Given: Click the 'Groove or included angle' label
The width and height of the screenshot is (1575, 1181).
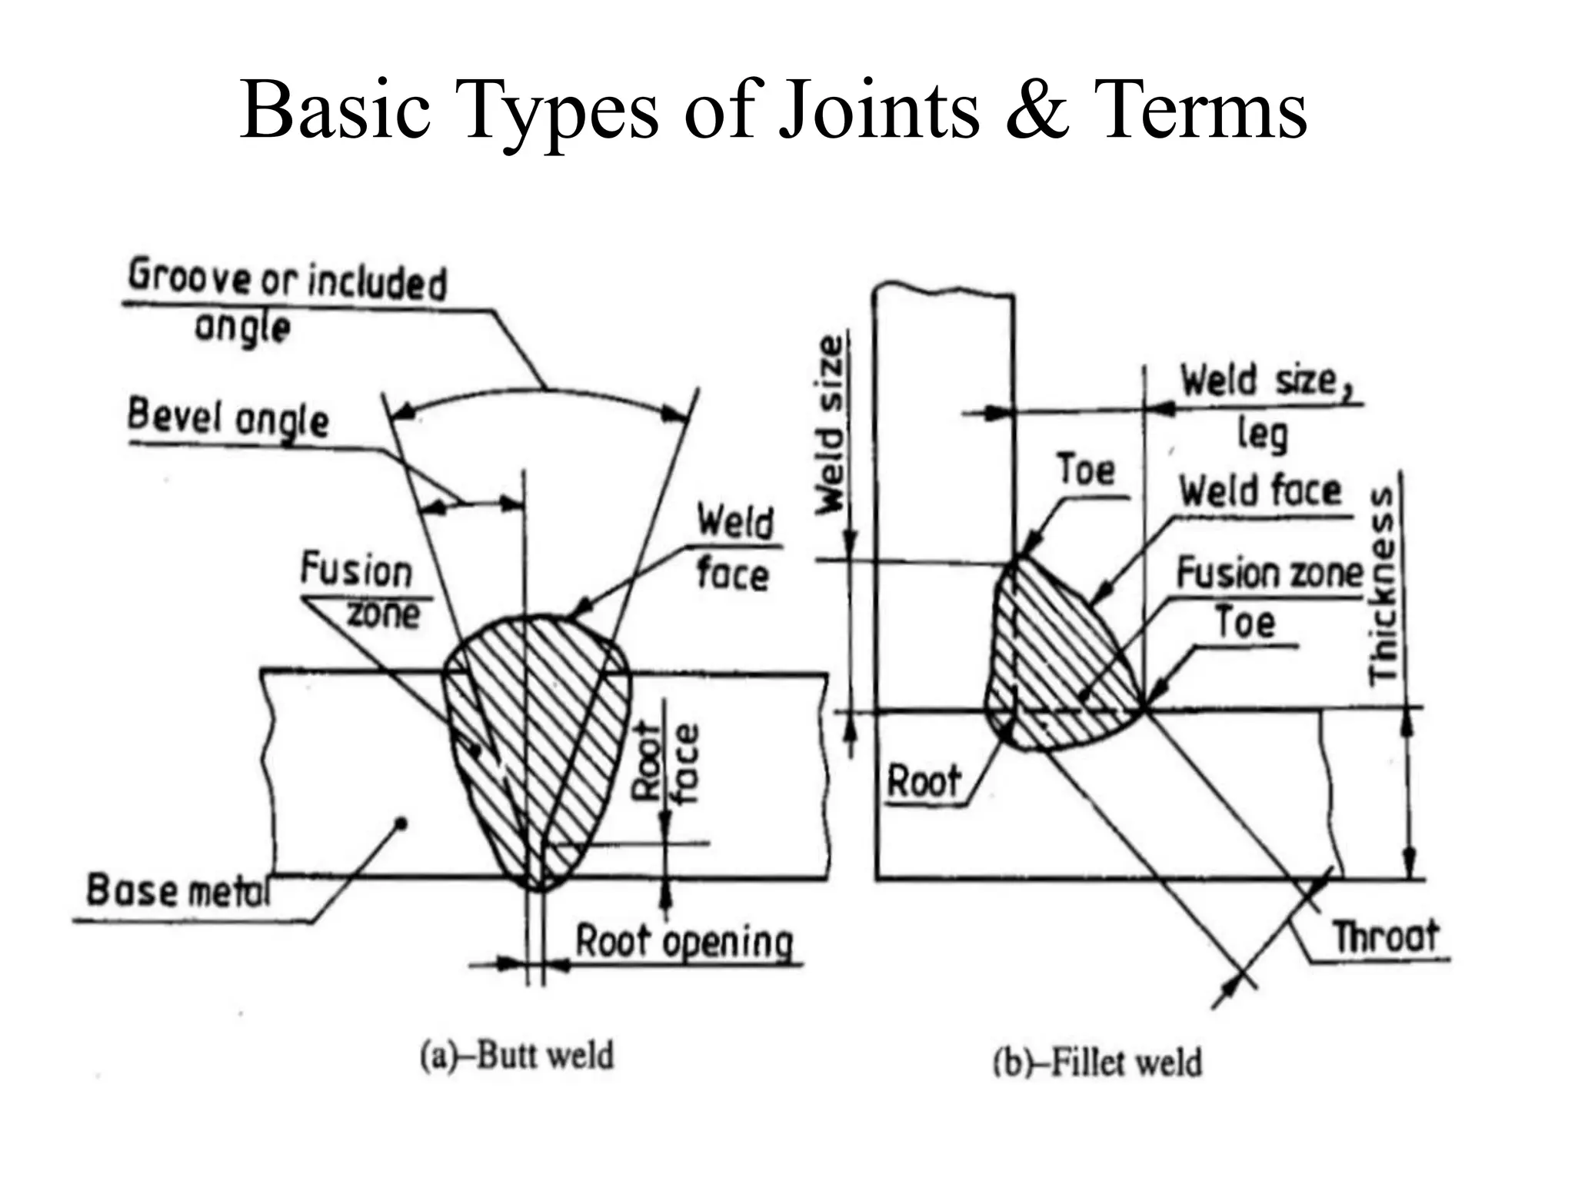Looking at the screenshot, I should point(286,301).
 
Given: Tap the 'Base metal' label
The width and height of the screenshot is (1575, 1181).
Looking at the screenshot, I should point(178,890).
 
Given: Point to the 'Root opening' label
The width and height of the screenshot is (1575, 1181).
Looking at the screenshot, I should point(684,943).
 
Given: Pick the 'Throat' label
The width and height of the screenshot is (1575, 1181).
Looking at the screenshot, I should point(1385,936).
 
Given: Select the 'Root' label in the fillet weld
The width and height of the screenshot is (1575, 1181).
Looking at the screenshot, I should point(924,782).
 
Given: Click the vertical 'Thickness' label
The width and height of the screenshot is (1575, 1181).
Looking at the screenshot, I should point(1382,585).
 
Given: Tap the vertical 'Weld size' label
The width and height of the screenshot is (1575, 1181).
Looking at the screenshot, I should point(831,424).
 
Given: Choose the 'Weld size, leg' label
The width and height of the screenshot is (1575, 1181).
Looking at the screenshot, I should point(1265,404).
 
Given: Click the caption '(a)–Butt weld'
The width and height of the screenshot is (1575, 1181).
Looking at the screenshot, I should point(517,1055).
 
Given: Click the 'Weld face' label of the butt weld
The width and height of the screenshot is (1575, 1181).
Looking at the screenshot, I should point(734,547).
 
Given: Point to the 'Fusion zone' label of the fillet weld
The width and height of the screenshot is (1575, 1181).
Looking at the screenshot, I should point(1269,574).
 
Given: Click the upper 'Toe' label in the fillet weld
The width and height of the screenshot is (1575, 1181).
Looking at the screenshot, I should point(1085,470).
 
